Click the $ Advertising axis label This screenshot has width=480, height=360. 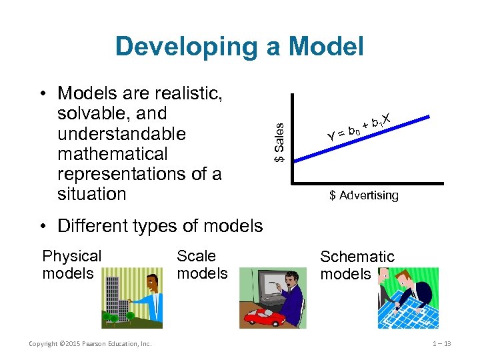click(x=363, y=195)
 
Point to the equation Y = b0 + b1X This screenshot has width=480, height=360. click(x=357, y=127)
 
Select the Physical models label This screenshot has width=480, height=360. click(x=71, y=265)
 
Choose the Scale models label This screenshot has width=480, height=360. click(x=202, y=265)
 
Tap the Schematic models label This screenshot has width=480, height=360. click(x=357, y=265)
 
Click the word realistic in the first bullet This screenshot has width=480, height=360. click(x=185, y=93)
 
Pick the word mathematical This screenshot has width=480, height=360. click(x=113, y=154)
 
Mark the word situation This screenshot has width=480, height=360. click(x=91, y=194)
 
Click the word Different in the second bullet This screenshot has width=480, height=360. click(x=92, y=225)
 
